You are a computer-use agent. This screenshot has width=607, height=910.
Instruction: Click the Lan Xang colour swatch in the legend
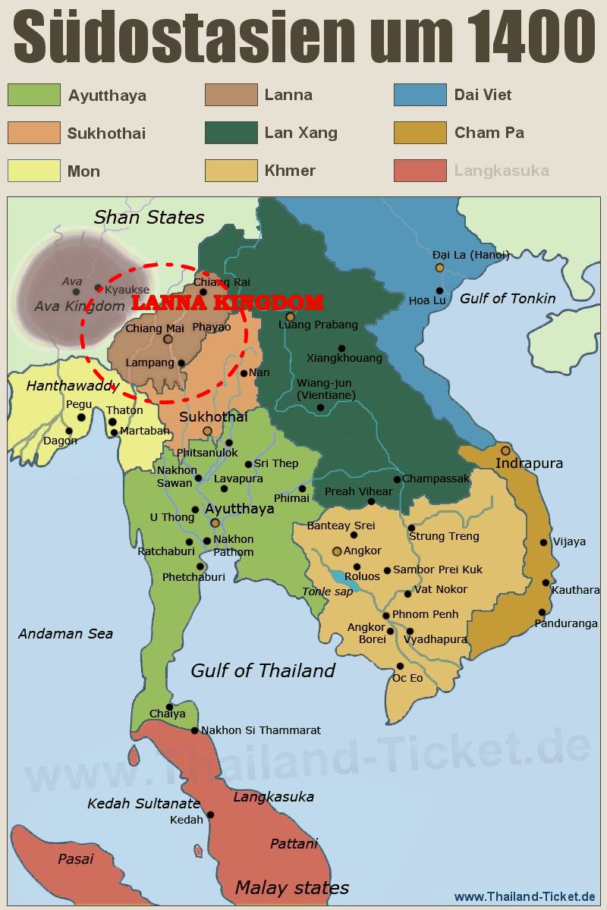pos(231,133)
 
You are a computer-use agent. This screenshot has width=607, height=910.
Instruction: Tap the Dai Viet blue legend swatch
pos(420,95)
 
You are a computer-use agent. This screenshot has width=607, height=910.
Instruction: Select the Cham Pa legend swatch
pos(420,133)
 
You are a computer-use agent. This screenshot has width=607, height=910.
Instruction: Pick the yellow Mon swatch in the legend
pos(33,171)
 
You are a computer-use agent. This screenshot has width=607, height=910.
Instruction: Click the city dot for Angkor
pos(337,551)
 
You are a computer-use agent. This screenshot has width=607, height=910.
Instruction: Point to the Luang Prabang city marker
pos(290,317)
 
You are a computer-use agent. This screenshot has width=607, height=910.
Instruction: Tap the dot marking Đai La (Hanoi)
pos(439,268)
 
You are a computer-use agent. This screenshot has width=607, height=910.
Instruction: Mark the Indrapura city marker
pos(505,450)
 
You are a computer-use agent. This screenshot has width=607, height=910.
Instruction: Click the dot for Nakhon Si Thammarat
pos(195,730)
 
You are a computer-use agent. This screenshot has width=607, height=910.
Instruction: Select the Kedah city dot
pos(210,815)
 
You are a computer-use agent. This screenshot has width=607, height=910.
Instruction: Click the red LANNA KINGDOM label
pos(228,303)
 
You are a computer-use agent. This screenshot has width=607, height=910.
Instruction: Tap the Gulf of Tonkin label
pos(508,298)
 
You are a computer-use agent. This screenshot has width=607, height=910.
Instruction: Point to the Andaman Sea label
pos(65,633)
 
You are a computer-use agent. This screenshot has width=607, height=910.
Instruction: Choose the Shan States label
pos(149,218)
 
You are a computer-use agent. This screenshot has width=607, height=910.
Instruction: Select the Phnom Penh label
pos(425,614)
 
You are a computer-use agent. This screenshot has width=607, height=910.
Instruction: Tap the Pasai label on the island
pos(76,858)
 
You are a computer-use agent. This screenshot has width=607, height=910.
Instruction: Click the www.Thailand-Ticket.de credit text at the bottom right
pos(524,896)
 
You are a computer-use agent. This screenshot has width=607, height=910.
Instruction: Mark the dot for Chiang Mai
pos(168,339)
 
